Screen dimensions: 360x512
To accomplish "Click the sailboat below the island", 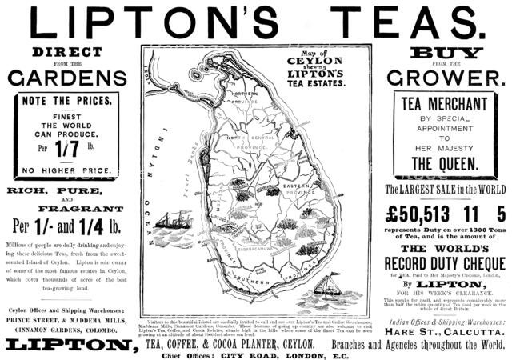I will click(x=326, y=284).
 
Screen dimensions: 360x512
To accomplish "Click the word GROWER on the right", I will click(x=444, y=79).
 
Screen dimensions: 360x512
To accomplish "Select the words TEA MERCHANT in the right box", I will click(x=443, y=104).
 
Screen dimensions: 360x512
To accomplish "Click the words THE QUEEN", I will click(x=445, y=163).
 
